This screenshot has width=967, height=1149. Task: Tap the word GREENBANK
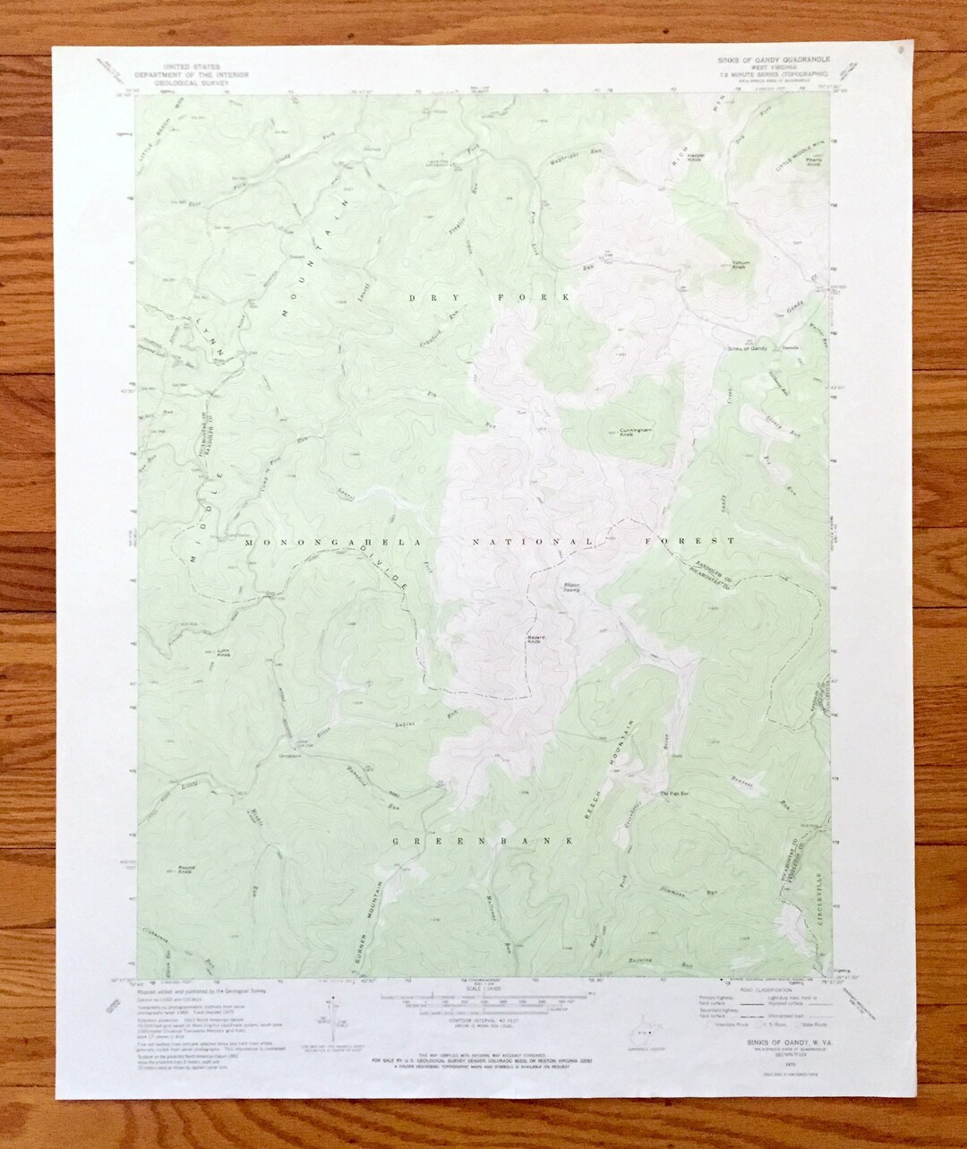[482, 842]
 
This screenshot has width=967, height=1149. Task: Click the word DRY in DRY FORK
[424, 296]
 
